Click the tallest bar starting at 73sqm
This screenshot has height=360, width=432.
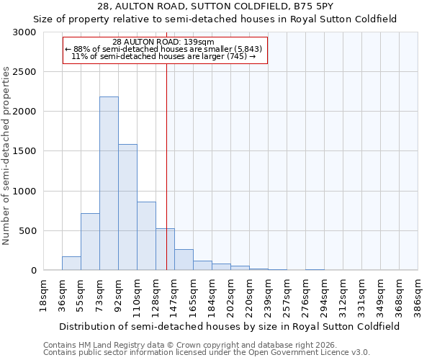point(109,184)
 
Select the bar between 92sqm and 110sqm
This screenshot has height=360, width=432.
point(127,207)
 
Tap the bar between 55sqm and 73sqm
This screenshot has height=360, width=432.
point(90,242)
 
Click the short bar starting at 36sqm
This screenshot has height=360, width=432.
point(71,264)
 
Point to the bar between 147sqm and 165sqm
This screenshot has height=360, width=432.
point(184,260)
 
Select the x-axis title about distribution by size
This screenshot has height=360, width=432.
point(230,326)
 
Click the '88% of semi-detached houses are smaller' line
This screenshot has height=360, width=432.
point(163,49)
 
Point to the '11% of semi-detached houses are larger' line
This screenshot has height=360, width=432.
point(163,56)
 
